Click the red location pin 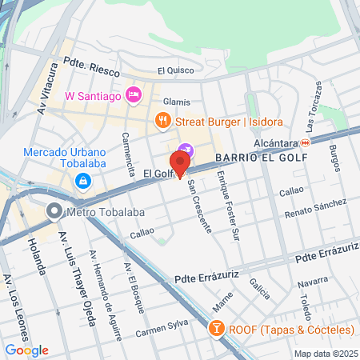coord(180,162)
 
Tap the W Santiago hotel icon coord(134,96)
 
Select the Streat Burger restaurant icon coord(162,121)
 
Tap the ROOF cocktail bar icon coord(215,330)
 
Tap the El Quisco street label coord(176,70)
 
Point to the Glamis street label coord(176,102)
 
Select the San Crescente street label coord(200,205)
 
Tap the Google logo coord(26,350)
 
